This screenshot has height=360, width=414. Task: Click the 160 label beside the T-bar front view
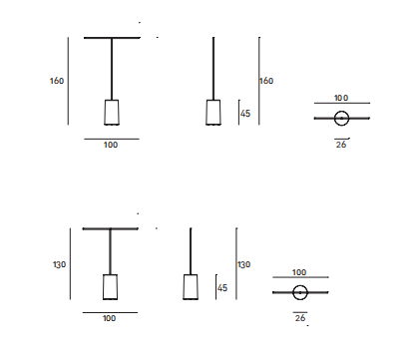[x=57, y=81]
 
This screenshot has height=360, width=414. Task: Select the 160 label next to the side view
[x=266, y=81]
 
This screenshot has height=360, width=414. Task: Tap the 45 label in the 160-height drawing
[x=245, y=114]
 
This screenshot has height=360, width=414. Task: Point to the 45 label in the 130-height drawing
[x=222, y=288]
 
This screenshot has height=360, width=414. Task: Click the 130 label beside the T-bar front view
[x=59, y=264]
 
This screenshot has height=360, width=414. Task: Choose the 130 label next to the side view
[x=243, y=264]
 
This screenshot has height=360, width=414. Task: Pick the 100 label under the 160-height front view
[x=111, y=145]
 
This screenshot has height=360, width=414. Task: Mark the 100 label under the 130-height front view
[x=109, y=318]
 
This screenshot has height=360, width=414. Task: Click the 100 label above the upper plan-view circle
[x=341, y=98]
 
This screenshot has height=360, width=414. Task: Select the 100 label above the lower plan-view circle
[x=299, y=272]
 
